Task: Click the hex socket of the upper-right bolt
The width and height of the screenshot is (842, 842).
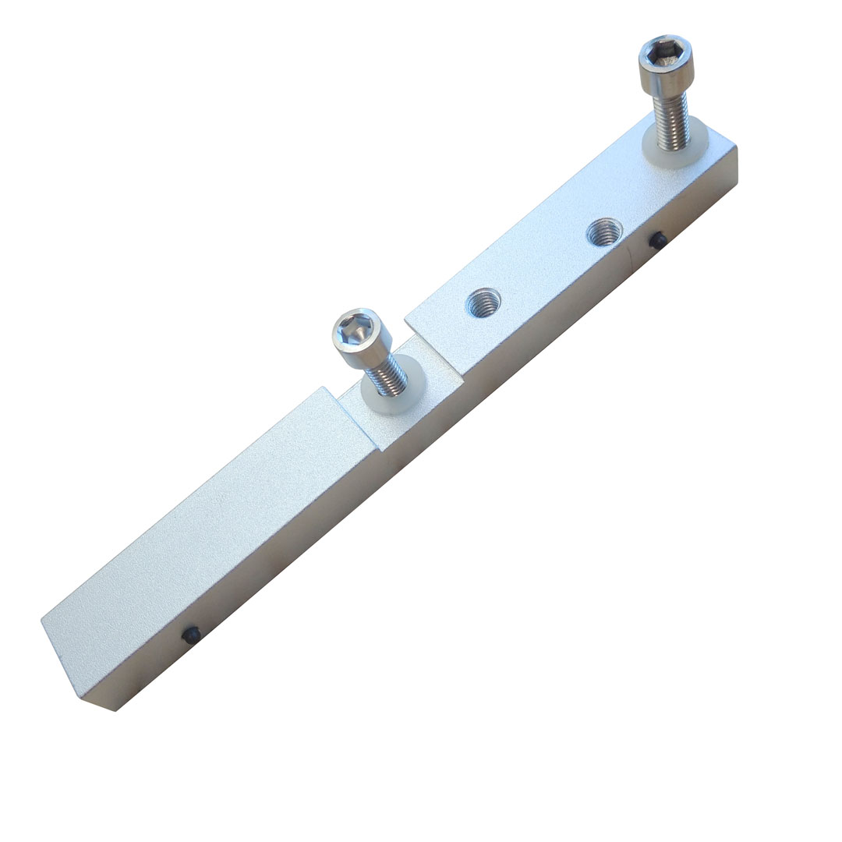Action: pos(664,54)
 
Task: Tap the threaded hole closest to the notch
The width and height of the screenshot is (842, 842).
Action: pos(483,302)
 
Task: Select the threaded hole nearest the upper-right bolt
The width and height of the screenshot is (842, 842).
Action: pos(604,232)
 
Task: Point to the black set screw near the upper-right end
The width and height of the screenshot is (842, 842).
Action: pos(659,242)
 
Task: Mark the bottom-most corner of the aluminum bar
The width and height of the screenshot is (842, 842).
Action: pos(115,710)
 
